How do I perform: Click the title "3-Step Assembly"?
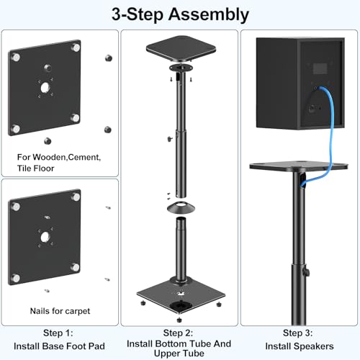179,14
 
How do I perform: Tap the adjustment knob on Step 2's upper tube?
168,134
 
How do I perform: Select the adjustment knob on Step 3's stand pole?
305,274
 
